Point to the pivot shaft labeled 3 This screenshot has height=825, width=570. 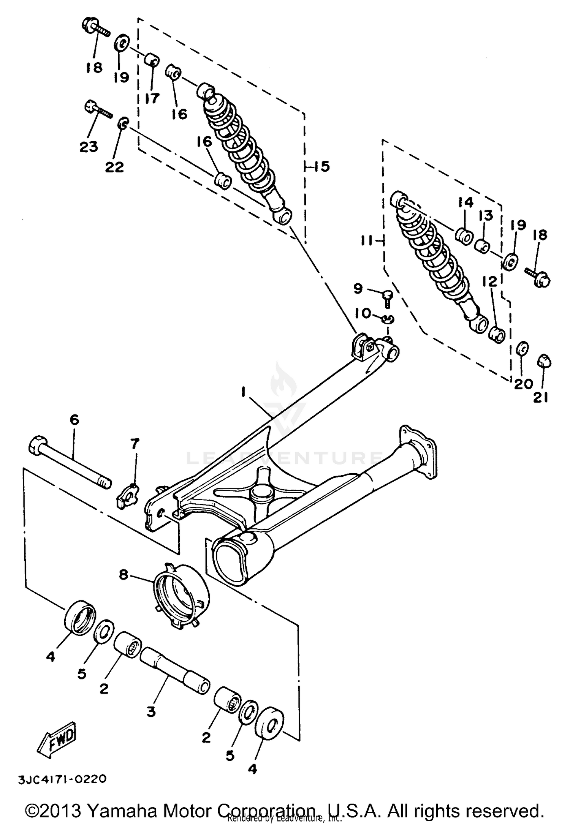point(175,671)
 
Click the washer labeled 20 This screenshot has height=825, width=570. point(523,348)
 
